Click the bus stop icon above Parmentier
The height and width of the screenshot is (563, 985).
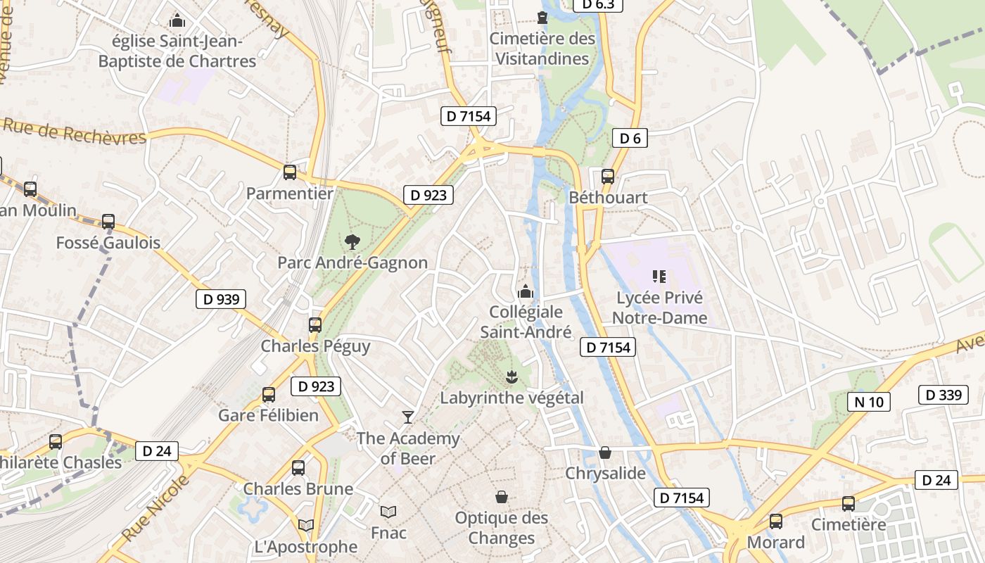click(289, 172)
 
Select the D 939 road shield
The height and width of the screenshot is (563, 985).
click(221, 299)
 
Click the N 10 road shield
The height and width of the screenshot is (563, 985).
click(869, 402)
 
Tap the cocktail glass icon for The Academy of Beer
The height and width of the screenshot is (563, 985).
click(407, 417)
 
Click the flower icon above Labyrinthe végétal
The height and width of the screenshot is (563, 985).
click(511, 377)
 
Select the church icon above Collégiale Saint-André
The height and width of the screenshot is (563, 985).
click(526, 291)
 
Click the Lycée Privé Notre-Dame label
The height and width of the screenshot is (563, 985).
click(659, 308)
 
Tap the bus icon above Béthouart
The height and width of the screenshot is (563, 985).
click(608, 176)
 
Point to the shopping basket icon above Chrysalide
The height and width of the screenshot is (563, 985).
click(604, 453)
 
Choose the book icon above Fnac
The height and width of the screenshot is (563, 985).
click(388, 512)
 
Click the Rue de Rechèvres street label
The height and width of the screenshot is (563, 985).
click(74, 131)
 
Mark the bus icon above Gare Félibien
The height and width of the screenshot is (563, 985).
click(269, 395)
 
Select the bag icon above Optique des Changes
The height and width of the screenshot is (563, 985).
click(502, 497)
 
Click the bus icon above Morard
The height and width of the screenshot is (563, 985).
click(775, 521)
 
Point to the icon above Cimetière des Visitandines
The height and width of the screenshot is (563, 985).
click(542, 17)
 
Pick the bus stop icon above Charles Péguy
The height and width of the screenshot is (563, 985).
click(315, 325)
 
